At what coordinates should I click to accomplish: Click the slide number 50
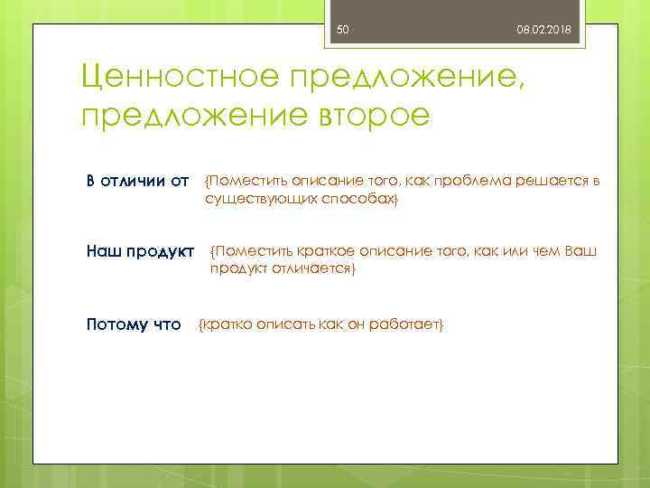click(x=342, y=31)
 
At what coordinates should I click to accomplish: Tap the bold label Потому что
click(x=134, y=324)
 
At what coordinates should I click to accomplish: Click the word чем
click(x=543, y=250)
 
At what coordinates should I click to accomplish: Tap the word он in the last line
click(x=355, y=324)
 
